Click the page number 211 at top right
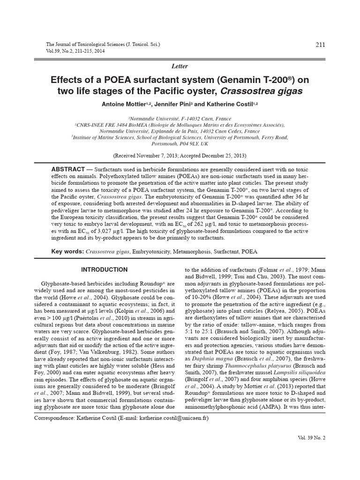(321, 45)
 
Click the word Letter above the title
(180, 67)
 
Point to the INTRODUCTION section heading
(104, 270)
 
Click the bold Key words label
(67, 252)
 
